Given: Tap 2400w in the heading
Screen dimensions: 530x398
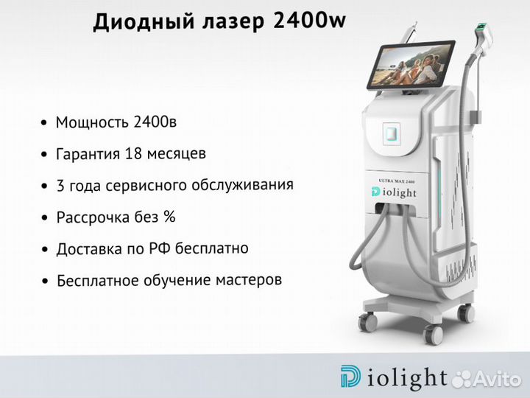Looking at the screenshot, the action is click(x=309, y=21).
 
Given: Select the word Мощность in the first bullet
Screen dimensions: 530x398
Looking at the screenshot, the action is click(x=93, y=122).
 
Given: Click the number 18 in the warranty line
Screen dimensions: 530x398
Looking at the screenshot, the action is click(x=132, y=153).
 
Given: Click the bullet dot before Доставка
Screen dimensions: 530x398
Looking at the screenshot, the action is click(x=45, y=249).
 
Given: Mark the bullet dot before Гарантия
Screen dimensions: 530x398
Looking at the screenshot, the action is click(x=44, y=155).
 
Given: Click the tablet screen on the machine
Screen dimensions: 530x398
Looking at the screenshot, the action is click(x=411, y=66).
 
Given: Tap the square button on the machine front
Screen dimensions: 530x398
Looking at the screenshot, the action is click(x=392, y=133).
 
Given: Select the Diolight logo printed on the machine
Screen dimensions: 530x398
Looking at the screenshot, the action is click(x=394, y=192).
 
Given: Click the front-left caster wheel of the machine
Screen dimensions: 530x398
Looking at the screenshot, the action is click(x=368, y=321).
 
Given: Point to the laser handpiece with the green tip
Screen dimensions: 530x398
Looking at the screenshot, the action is click(x=483, y=38).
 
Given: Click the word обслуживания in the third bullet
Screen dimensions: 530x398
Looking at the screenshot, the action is click(x=242, y=185).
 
